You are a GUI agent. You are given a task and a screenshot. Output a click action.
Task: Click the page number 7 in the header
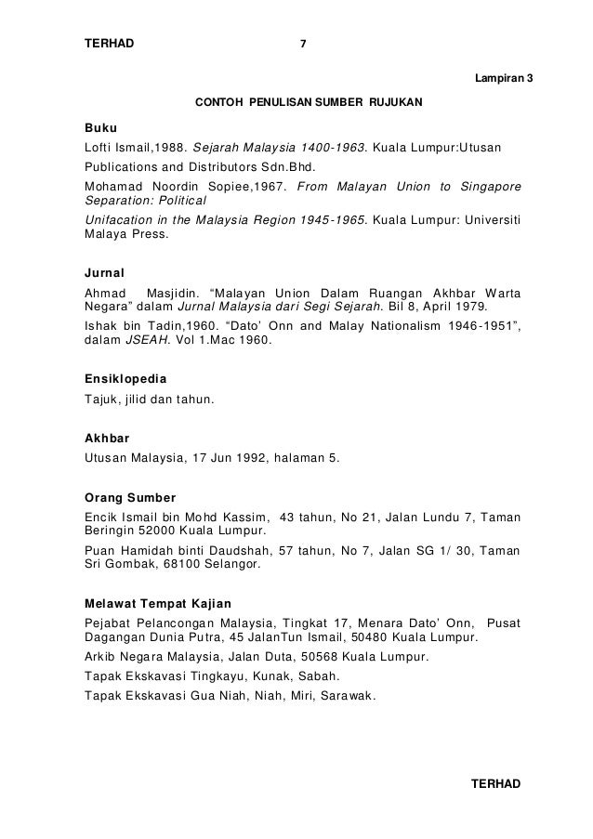click(x=304, y=44)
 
